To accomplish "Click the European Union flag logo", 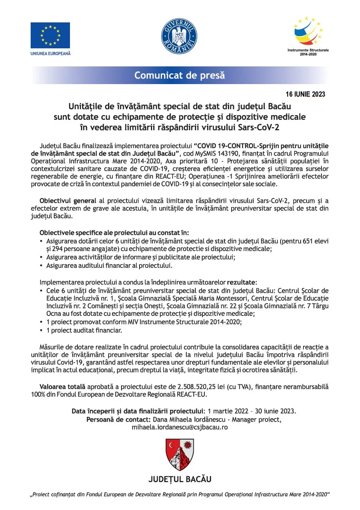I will [50, 35].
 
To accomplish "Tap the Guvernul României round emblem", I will [179, 36].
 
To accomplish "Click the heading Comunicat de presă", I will [180, 75].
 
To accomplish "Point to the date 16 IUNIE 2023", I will [305, 94].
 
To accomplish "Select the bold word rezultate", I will [241, 282].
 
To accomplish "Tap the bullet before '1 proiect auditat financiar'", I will [42, 330].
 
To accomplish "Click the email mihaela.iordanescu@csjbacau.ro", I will [180, 427].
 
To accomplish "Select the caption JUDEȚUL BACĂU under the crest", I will [180, 479].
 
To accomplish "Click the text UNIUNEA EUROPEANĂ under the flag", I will [50, 53].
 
